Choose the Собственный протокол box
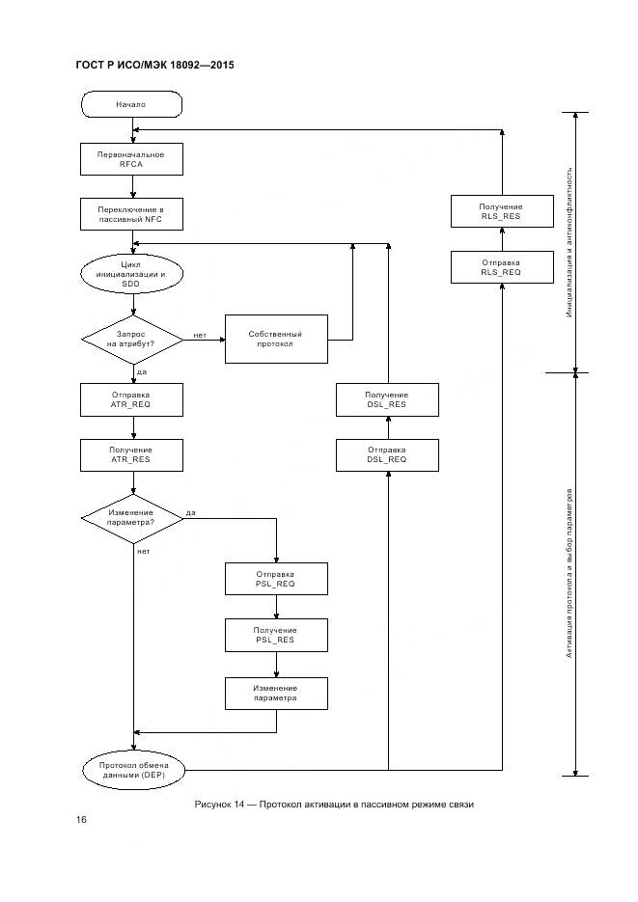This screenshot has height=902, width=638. click(x=276, y=339)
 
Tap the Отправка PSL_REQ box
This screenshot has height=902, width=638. click(x=276, y=578)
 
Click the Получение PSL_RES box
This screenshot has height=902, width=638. click(x=276, y=634)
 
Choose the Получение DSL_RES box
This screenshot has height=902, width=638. click(x=386, y=399)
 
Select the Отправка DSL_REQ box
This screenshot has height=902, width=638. click(x=386, y=454)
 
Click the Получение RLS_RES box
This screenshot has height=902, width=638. click(x=501, y=212)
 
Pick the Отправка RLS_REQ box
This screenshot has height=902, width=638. click(x=501, y=267)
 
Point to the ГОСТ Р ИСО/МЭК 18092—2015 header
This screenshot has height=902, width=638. click(x=154, y=66)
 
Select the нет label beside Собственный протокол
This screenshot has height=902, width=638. click(x=200, y=335)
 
